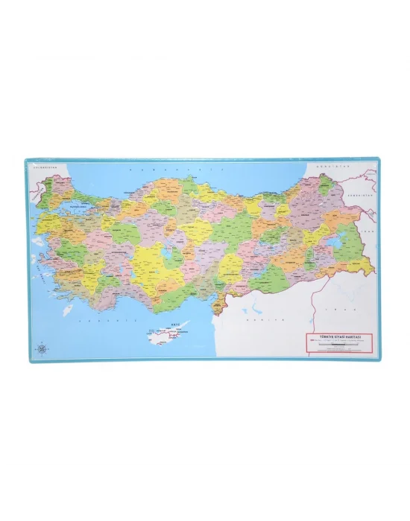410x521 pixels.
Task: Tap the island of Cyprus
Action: [x=169, y=335]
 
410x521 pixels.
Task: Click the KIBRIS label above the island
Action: [x=176, y=322]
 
